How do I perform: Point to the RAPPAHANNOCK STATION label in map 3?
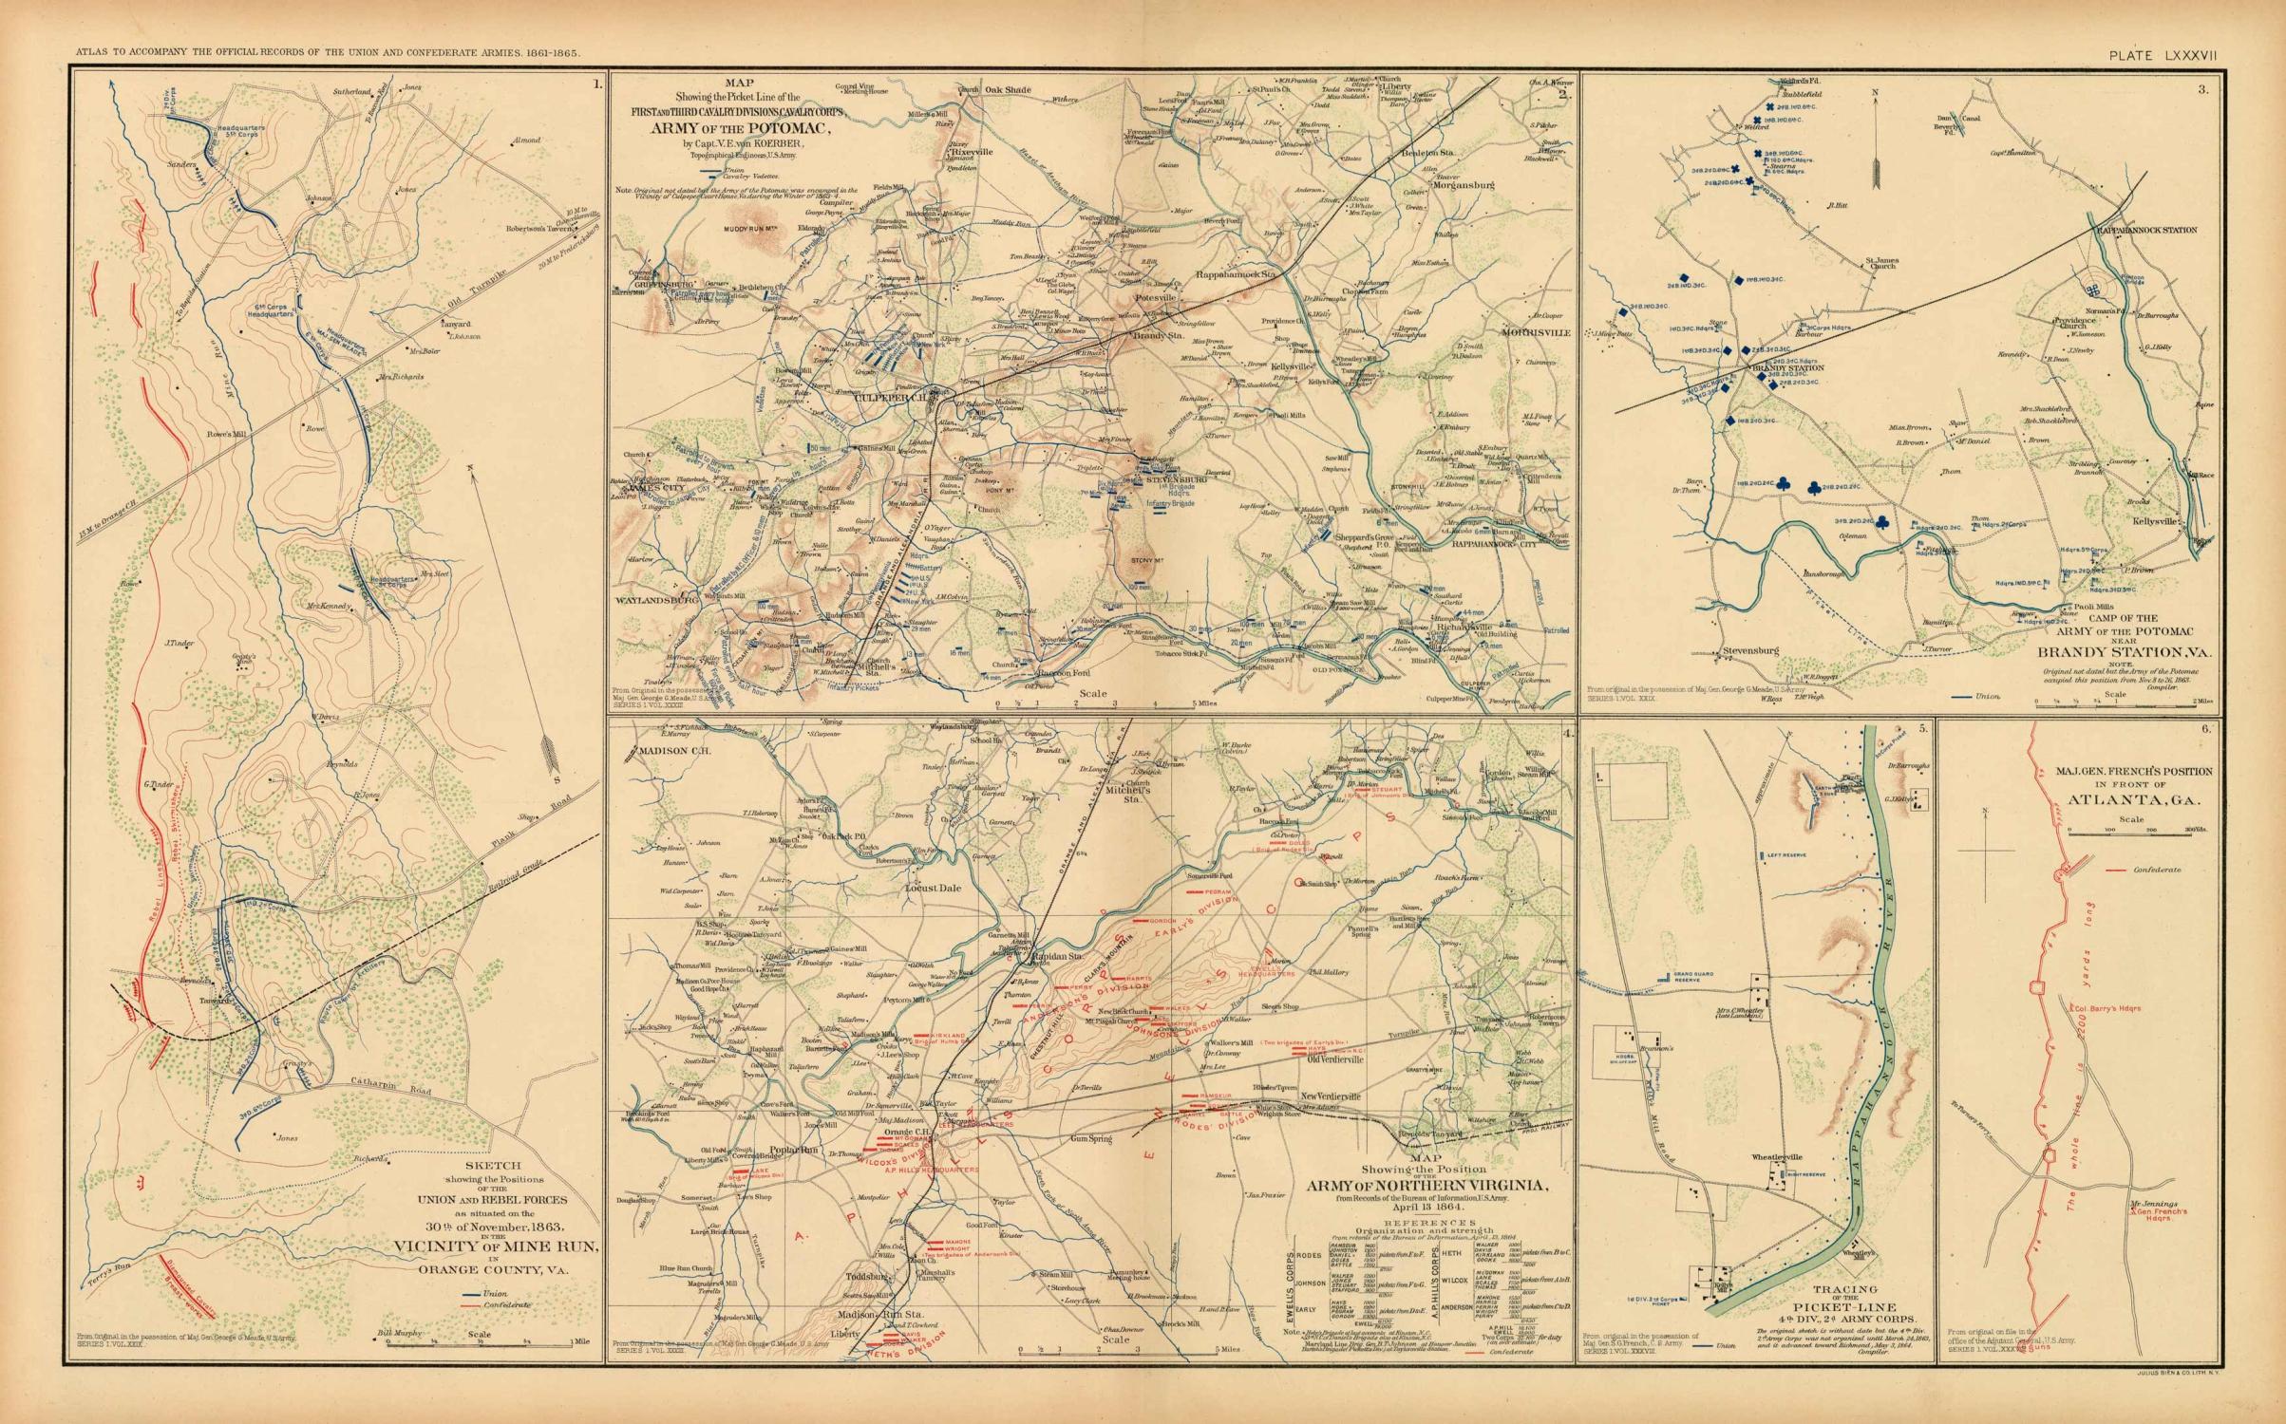click(2155, 230)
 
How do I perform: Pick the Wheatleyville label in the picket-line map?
click(1777, 1157)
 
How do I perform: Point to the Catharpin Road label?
click(380, 1093)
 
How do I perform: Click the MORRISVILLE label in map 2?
click(1538, 332)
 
